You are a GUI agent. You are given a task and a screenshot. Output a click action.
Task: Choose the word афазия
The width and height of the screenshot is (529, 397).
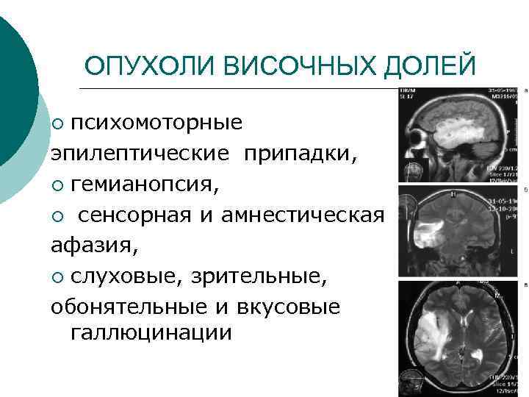(x=94, y=246)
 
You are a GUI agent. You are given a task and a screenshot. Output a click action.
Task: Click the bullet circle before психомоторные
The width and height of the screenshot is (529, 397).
(x=59, y=124)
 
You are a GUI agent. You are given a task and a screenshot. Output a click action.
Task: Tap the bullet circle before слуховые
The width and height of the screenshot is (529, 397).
(x=59, y=278)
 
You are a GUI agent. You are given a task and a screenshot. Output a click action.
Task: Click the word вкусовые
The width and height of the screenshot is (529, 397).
(x=295, y=307)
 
